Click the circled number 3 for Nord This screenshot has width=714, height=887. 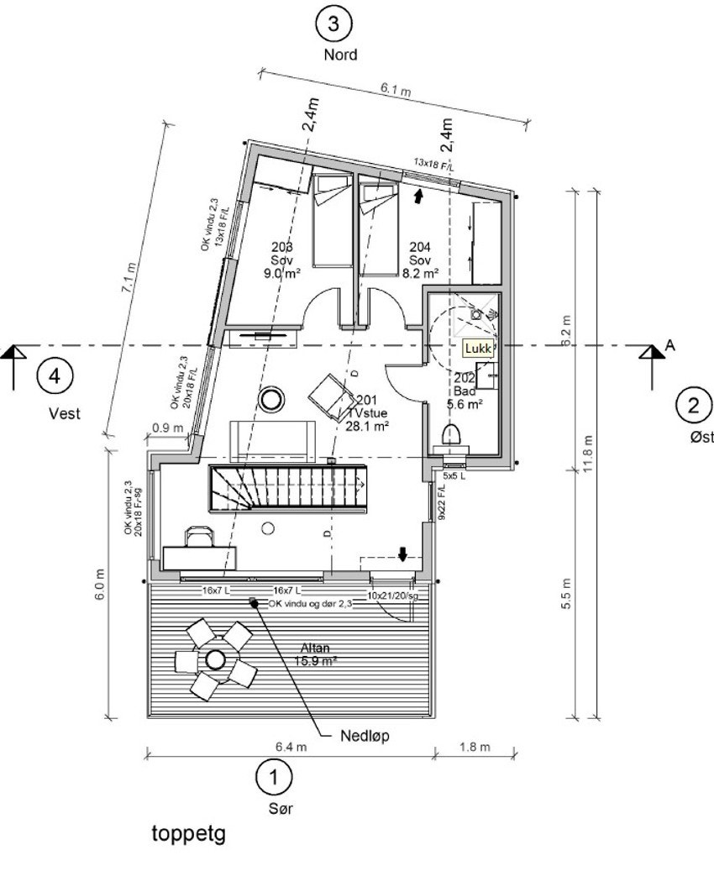pyautogui.click(x=333, y=24)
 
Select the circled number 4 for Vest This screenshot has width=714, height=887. pyautogui.click(x=54, y=375)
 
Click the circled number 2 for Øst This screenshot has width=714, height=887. pyautogui.click(x=693, y=407)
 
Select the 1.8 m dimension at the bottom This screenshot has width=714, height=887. pyautogui.click(x=475, y=747)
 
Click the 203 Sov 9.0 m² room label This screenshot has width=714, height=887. pyautogui.click(x=282, y=260)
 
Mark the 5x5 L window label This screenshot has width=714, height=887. pyautogui.click(x=454, y=475)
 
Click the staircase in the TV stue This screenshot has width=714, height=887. pyautogui.click(x=286, y=488)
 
